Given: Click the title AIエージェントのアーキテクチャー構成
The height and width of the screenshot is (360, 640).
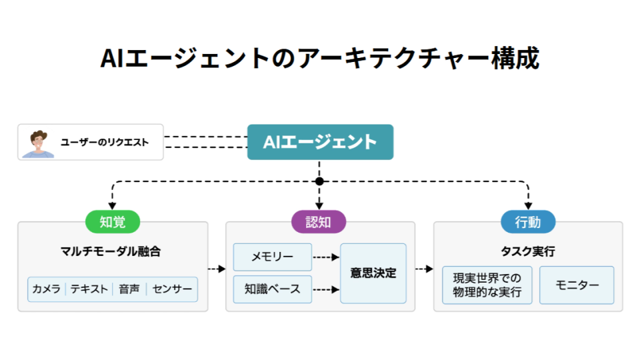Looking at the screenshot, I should [x=320, y=59].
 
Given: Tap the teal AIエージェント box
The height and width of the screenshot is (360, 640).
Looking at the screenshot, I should [x=320, y=142].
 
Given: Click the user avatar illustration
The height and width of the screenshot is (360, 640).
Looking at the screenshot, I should [x=38, y=143].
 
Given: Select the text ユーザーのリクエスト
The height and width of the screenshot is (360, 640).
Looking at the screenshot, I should [x=105, y=142].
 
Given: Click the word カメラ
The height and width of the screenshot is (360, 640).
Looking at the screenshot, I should [x=47, y=289].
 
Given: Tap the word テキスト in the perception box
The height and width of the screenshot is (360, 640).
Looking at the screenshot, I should [x=89, y=289].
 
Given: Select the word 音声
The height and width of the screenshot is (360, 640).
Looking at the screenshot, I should [x=129, y=289].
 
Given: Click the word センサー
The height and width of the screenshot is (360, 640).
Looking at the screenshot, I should [x=172, y=289].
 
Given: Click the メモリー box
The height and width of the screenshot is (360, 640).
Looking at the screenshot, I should [x=272, y=257].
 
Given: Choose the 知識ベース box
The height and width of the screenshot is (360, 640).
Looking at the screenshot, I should [x=272, y=289].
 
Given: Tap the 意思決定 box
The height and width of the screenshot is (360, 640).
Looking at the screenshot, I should [x=373, y=273].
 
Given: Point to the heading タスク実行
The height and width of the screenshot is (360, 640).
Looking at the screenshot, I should [x=528, y=252].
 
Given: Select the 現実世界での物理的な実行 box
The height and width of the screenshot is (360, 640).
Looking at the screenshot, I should [x=487, y=285].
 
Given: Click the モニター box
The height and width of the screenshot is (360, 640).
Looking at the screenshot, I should [x=577, y=285].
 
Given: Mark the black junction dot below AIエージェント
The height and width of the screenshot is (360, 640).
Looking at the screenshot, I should [x=319, y=181].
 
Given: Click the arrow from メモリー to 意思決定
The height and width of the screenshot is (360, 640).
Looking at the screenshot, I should [x=326, y=257].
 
